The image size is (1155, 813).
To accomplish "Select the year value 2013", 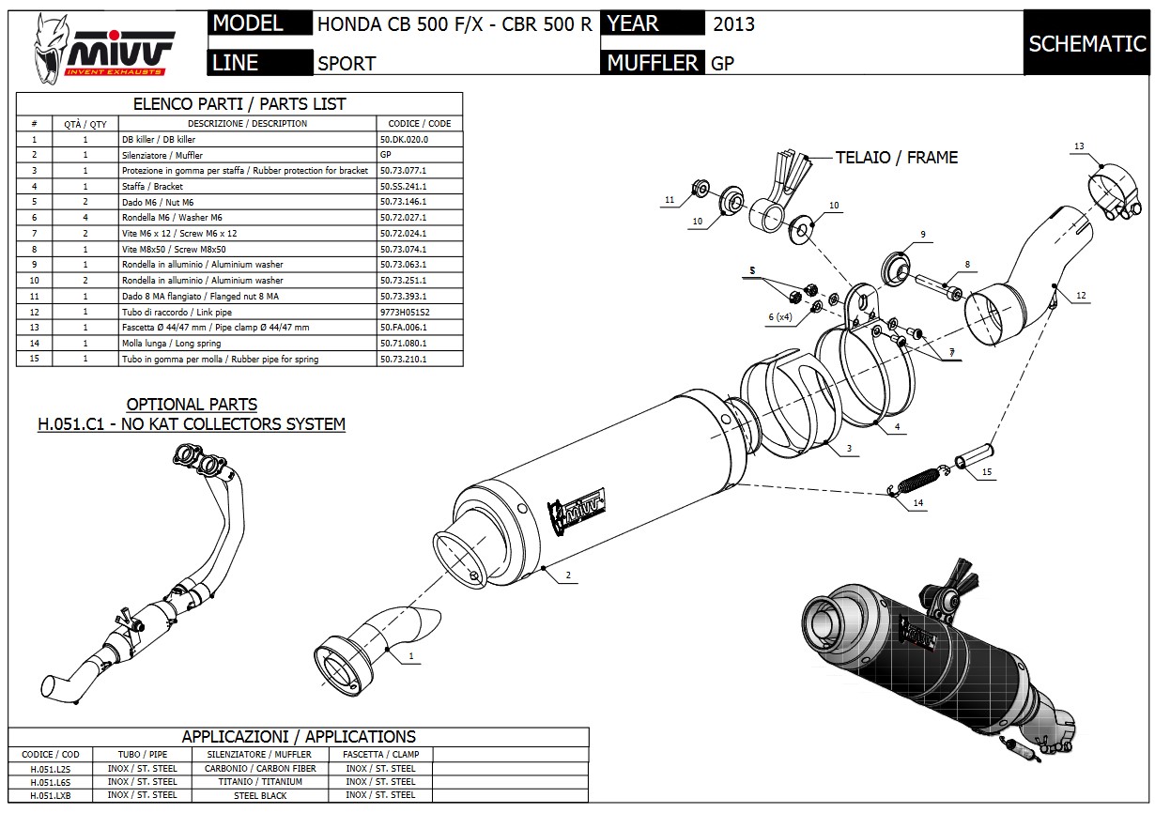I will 733,24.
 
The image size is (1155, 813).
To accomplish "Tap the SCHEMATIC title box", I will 1086,43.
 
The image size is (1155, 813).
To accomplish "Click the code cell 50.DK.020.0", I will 405,139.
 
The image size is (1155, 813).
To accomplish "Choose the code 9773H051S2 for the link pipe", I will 406,312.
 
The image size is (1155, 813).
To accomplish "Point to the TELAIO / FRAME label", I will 897,158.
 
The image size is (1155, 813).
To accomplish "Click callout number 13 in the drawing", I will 1079,146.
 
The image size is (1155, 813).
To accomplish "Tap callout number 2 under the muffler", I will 569,574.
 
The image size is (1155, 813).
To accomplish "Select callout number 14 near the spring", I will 918,503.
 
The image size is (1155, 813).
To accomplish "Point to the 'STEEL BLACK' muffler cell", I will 260,795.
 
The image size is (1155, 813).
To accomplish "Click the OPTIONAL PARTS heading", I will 192,404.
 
